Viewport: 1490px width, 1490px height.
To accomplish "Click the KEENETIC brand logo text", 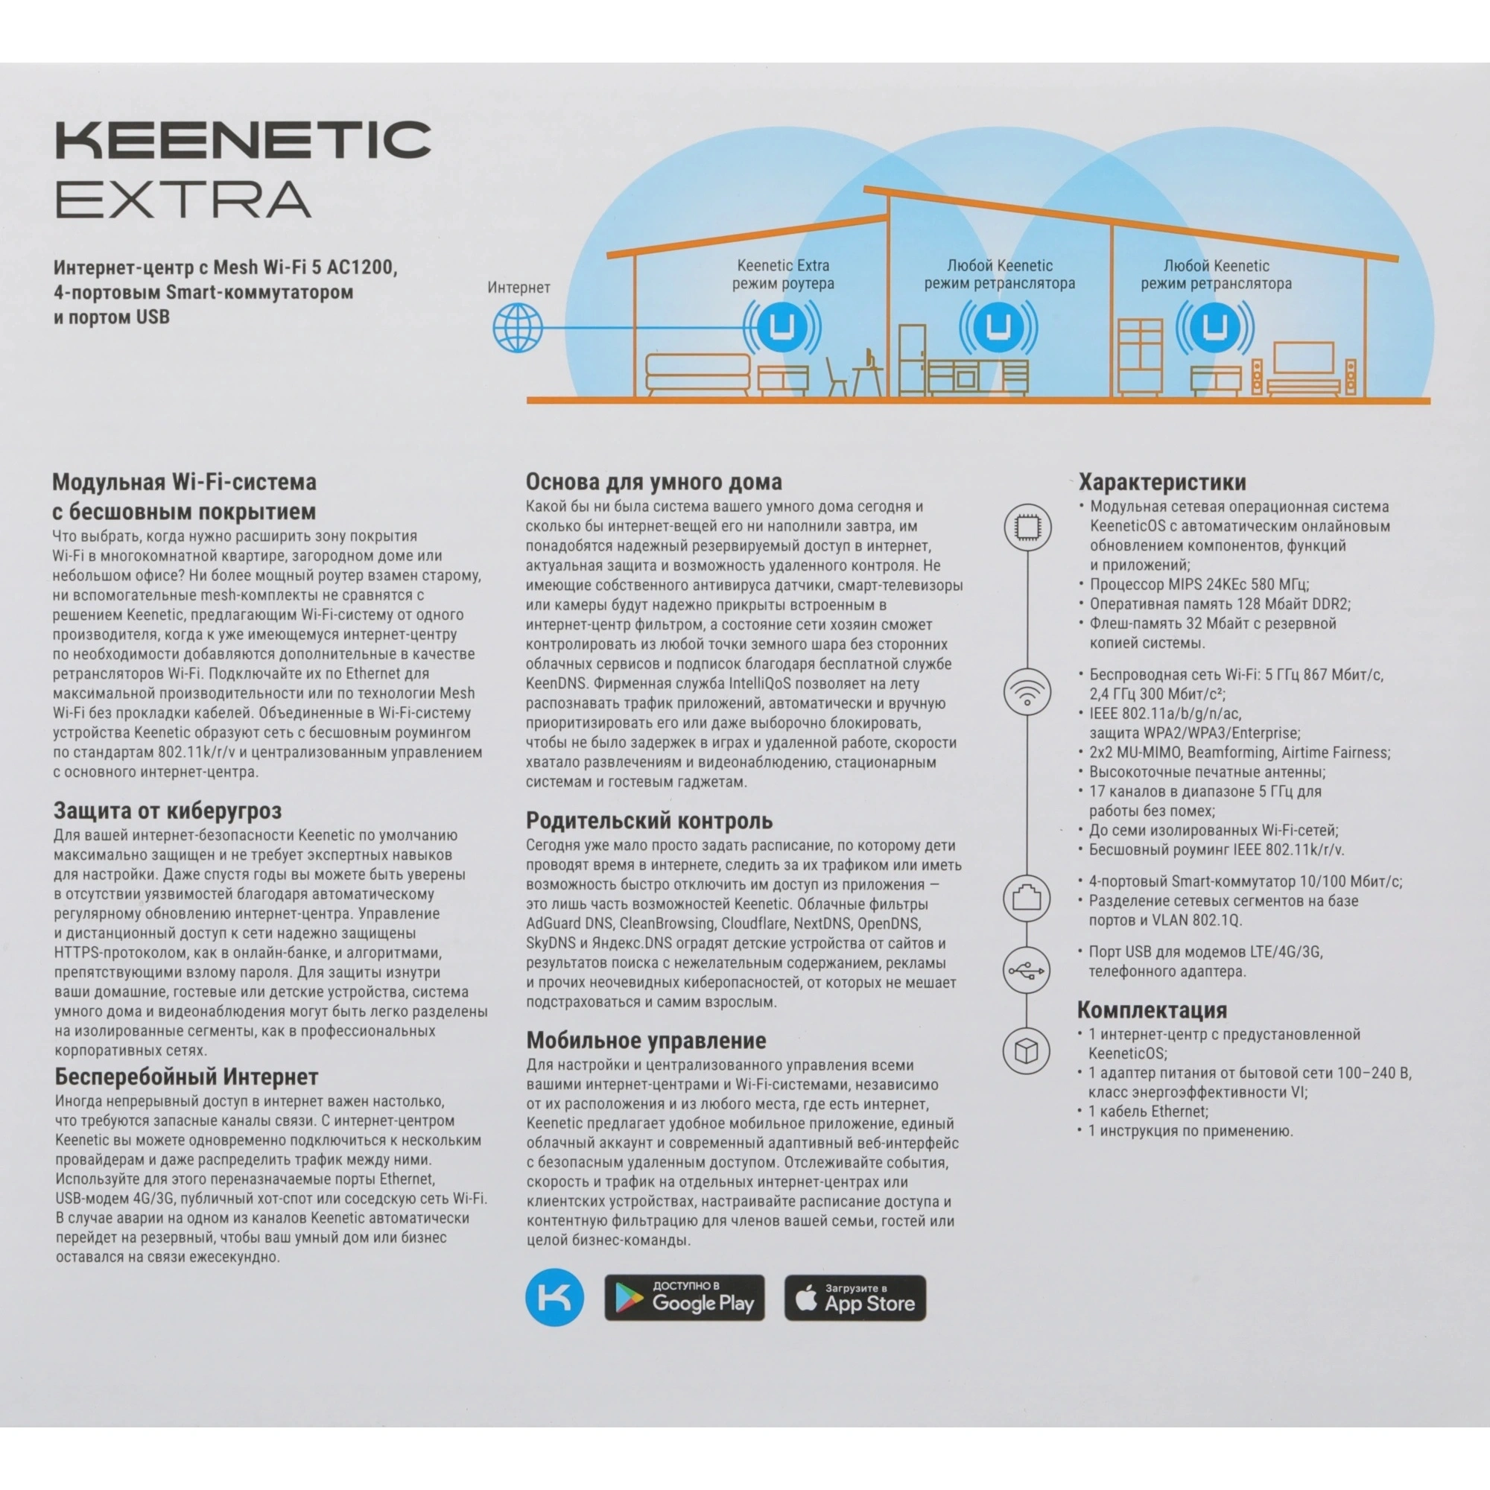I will [x=242, y=140].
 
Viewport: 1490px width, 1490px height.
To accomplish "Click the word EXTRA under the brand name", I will [x=183, y=199].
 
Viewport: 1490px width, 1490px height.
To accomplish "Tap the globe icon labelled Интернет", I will [x=518, y=327].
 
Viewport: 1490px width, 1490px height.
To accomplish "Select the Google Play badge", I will [x=684, y=1297].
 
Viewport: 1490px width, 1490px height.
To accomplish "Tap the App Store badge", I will [x=855, y=1297].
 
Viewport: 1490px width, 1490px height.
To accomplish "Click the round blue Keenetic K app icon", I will [x=554, y=1297].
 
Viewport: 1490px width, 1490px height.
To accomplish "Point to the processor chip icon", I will [x=1027, y=527].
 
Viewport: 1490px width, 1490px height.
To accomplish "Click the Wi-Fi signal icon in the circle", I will [x=1027, y=692].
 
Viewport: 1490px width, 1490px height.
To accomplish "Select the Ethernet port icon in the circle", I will [x=1027, y=898].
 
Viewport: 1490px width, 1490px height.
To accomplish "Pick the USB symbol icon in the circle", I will [x=1027, y=970].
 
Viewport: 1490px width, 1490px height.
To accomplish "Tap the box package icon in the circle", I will [x=1027, y=1050].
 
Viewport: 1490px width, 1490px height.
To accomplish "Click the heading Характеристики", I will [x=1161, y=483].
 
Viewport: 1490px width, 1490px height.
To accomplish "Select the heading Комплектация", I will [x=1153, y=1009].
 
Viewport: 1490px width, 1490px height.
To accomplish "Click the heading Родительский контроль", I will [x=650, y=820].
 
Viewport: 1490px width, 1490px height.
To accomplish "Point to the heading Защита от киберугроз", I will [x=168, y=811].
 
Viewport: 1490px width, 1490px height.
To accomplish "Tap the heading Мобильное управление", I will [x=646, y=1040].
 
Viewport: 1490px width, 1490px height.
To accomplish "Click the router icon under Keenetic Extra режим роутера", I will [x=782, y=327].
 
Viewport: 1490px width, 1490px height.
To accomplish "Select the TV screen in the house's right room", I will [x=1302, y=358].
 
